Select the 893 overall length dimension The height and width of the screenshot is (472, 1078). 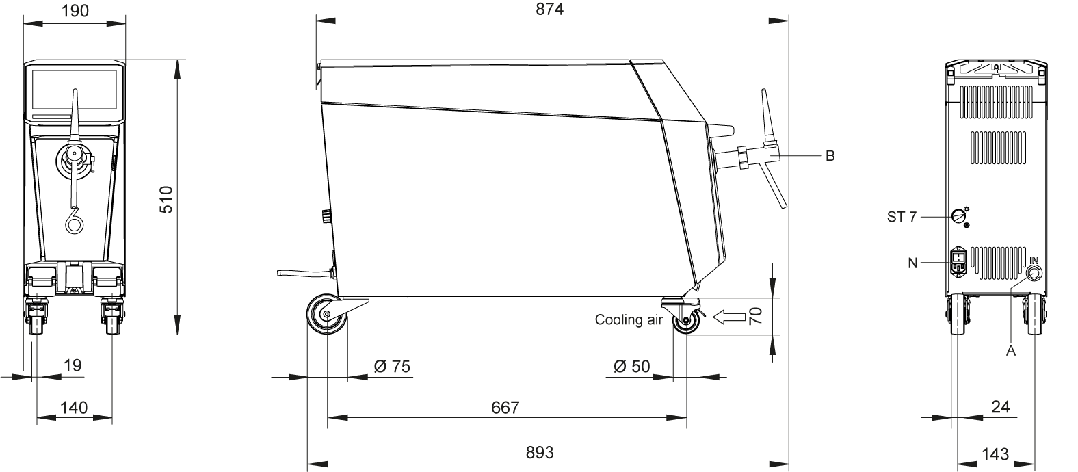click(x=540, y=452)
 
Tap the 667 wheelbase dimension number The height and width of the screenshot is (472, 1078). click(x=505, y=408)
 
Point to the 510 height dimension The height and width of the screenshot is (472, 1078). click(x=167, y=199)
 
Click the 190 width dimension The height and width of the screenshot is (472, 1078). click(x=75, y=10)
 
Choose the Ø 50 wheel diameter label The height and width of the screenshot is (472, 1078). click(x=631, y=367)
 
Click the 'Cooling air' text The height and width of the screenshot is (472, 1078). click(x=628, y=319)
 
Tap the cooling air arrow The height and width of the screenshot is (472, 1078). click(x=728, y=317)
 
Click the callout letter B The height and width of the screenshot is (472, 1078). click(x=830, y=156)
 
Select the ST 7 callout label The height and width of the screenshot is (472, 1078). click(x=901, y=217)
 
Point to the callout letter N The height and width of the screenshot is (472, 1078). click(x=912, y=263)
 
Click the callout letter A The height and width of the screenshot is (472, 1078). click(x=1010, y=351)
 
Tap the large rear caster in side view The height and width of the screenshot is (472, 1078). click(x=326, y=315)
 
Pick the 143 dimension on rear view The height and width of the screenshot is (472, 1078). click(x=995, y=453)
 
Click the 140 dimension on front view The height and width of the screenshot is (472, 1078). click(x=74, y=408)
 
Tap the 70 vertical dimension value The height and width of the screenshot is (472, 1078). click(x=754, y=315)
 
